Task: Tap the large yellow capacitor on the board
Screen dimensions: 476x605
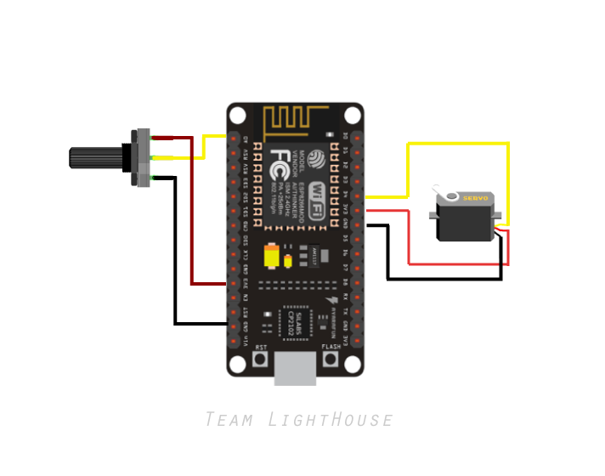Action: pos(272,256)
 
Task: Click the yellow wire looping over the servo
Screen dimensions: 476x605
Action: pos(459,144)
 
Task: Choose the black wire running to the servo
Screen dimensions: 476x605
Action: pos(442,278)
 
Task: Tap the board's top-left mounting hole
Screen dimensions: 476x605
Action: pos(237,114)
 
